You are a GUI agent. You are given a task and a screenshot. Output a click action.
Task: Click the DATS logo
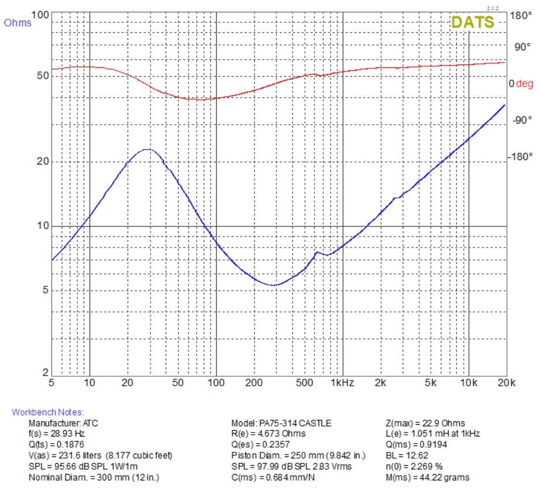(x=471, y=22)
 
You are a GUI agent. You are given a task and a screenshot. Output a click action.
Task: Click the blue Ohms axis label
(x=18, y=23)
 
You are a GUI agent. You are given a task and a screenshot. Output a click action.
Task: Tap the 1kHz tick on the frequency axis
(x=342, y=383)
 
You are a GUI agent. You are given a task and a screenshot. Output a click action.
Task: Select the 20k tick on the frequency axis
(x=505, y=383)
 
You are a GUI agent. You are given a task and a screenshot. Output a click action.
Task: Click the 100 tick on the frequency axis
(x=216, y=383)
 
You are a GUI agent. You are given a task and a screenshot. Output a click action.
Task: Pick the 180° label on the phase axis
(x=520, y=16)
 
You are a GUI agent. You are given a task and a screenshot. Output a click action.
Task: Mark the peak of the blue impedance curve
(x=147, y=149)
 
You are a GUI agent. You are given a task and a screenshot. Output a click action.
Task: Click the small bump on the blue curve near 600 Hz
(x=317, y=252)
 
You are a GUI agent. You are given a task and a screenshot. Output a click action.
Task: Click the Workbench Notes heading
(x=48, y=412)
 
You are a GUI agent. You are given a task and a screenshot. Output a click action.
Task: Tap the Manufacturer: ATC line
(x=66, y=423)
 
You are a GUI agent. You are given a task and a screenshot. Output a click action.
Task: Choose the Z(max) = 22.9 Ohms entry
(x=417, y=423)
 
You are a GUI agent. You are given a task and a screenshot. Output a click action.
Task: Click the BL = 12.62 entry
(x=400, y=455)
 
